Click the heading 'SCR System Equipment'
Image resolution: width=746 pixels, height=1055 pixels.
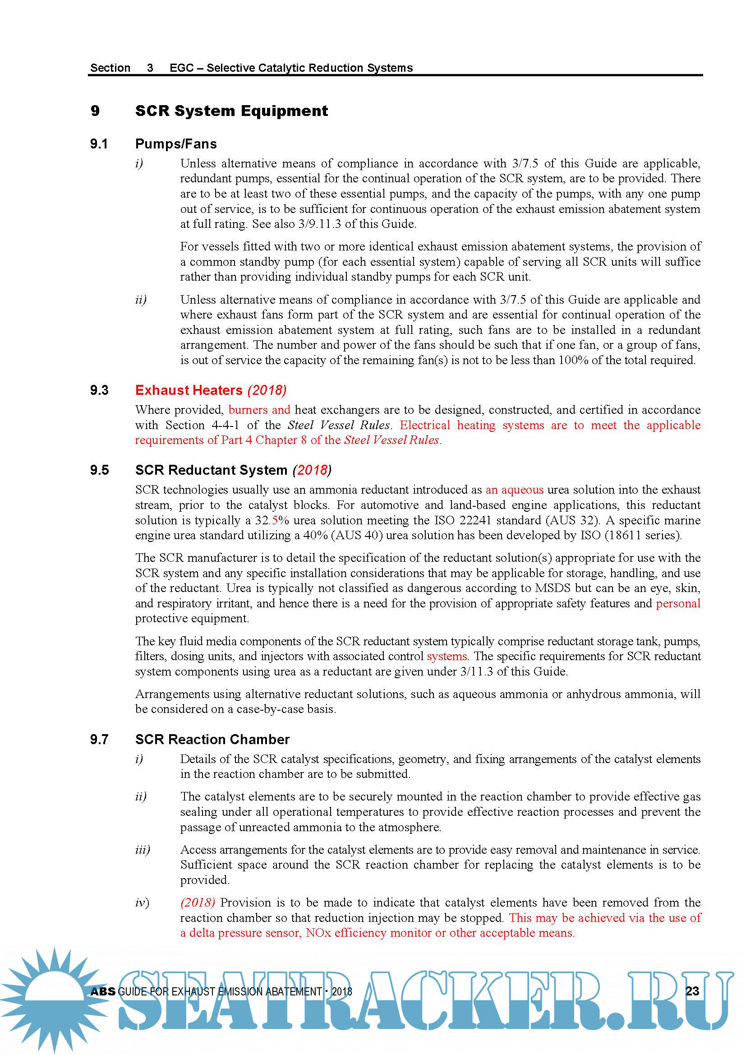tap(231, 111)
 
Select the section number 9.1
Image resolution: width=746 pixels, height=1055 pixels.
tap(99, 144)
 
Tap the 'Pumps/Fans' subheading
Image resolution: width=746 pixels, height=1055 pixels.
tap(176, 144)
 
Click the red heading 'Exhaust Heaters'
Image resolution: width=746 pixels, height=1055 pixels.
tap(189, 390)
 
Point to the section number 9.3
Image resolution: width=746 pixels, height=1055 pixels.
tap(99, 390)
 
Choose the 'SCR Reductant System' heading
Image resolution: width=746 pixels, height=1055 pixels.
tap(211, 470)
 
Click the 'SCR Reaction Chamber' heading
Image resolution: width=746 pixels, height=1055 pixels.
tap(212, 739)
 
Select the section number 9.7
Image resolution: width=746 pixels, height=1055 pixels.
tap(99, 739)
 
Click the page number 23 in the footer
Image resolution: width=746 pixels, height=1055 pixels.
tap(692, 991)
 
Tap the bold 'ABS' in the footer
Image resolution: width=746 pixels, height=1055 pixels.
tap(103, 991)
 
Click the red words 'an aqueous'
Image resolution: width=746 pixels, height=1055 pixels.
tap(515, 490)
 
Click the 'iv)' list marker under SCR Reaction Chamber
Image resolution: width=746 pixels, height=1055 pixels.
tap(142, 903)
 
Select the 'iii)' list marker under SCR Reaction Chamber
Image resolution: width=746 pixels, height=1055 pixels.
tap(143, 850)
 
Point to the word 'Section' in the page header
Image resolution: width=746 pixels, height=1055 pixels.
tap(110, 68)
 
